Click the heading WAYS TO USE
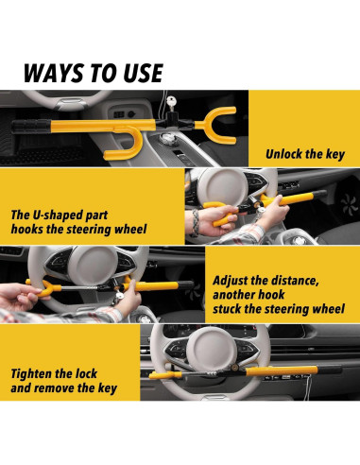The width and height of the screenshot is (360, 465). (x=94, y=73)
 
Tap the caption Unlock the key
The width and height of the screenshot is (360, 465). (x=305, y=154)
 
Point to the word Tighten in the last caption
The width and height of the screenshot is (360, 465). (x=30, y=374)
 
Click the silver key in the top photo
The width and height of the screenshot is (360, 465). (x=172, y=102)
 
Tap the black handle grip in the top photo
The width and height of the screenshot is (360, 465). (x=31, y=126)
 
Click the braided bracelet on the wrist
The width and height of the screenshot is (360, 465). (x=196, y=222)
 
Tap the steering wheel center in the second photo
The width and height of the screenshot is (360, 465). (x=223, y=187)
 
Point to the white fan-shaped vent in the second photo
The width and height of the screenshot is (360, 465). (x=349, y=205)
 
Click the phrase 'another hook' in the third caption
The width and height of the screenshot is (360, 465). (x=249, y=295)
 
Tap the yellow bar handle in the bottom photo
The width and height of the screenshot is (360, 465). (x=282, y=370)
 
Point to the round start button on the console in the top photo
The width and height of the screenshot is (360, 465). (x=166, y=138)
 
